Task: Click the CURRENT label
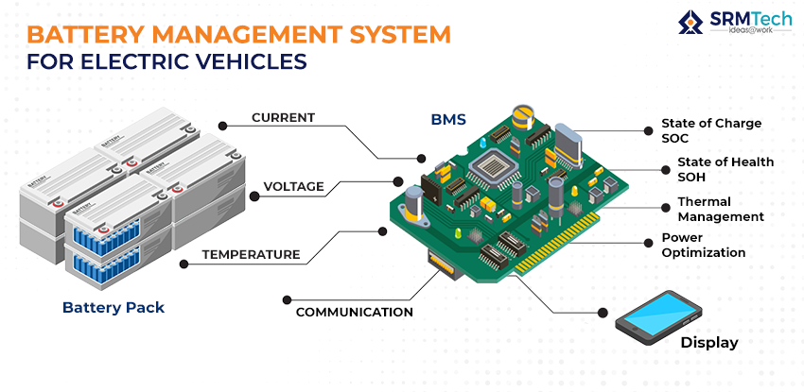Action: point(283,118)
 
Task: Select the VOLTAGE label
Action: point(293,186)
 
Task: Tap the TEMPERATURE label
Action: point(251,254)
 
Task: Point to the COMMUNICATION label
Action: point(354,312)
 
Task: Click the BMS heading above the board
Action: point(448,120)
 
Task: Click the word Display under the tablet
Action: point(709,342)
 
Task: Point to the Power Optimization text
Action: point(703,246)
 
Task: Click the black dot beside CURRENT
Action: point(223,123)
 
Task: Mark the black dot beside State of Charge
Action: point(649,128)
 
